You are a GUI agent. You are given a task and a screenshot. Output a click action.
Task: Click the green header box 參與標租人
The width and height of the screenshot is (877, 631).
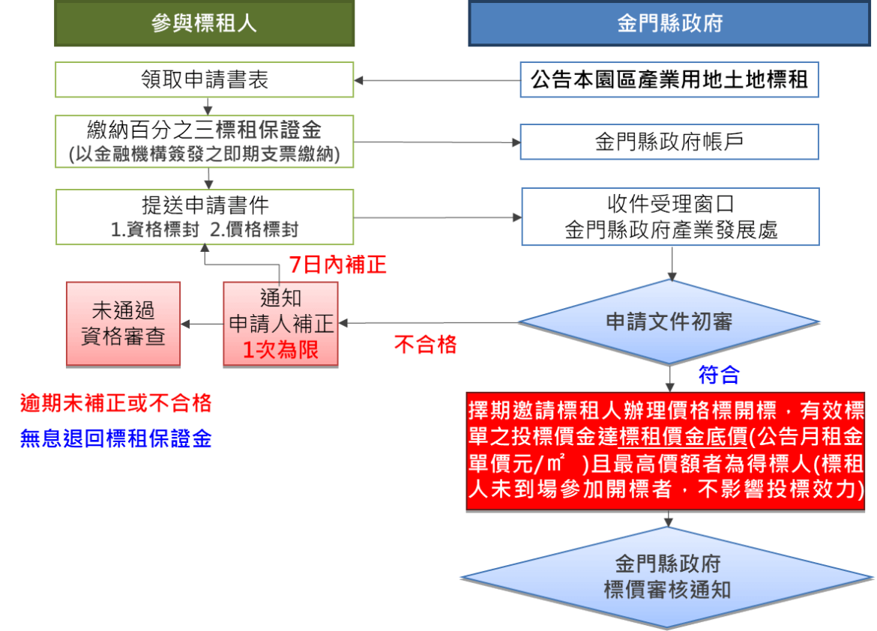204,23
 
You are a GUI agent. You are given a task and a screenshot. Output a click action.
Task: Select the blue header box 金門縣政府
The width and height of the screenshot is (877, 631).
669,23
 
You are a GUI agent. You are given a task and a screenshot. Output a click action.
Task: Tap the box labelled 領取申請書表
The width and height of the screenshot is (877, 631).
204,79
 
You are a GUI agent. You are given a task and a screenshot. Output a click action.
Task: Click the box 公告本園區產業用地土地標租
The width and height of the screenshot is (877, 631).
669,79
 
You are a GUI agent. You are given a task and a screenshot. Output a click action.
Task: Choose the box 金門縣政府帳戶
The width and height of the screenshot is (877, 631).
669,142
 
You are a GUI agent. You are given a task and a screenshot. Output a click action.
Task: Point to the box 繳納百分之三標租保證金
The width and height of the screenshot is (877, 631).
204,142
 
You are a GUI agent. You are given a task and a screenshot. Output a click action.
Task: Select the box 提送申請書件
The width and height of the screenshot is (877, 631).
204,217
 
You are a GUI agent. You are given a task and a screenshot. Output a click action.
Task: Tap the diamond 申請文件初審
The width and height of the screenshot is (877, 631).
669,322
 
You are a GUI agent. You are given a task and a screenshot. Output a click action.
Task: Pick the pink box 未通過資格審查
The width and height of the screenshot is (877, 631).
123,324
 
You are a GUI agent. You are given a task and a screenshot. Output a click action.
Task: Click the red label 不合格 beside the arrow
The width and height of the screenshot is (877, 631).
425,345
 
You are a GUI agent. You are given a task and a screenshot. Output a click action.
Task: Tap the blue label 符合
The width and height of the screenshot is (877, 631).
719,374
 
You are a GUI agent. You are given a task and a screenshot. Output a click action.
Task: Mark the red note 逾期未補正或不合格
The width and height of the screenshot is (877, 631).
115,404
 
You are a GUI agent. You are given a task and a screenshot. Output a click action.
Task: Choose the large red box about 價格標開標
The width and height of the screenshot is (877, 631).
666,450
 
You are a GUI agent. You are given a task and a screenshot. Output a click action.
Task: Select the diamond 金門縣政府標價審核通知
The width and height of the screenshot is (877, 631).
667,576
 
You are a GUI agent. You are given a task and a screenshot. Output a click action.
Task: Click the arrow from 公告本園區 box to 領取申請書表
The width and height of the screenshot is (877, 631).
437,79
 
